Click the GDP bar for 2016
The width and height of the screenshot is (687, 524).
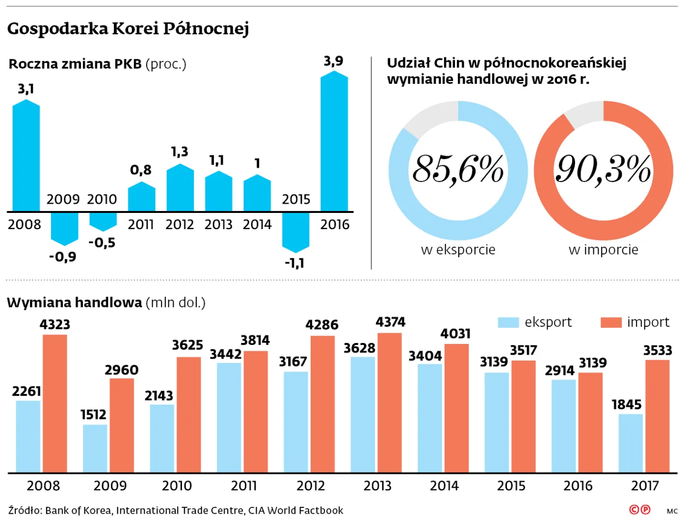pos(334,142)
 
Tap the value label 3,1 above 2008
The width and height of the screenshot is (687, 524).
pos(26,89)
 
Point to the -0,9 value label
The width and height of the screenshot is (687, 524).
pos(63,257)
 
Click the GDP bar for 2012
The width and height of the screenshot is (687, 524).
pos(180,188)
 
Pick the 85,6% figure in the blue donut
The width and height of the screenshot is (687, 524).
pos(458,169)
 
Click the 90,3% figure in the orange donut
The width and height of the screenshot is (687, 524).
pos(603,169)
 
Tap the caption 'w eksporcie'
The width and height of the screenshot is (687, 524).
pos(458,250)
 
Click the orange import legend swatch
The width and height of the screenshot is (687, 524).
pos(611,322)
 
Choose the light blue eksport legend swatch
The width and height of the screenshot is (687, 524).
pos(508,322)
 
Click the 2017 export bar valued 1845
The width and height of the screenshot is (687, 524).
pos(631,443)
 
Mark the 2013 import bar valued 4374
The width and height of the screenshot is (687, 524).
pos(390,403)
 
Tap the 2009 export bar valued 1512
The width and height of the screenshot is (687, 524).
pos(95,448)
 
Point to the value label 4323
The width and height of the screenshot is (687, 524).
pos(55,324)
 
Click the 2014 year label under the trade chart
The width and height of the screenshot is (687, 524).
pos(444,486)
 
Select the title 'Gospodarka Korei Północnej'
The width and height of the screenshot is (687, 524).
pos(128,28)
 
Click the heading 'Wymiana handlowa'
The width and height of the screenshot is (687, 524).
pos(75,302)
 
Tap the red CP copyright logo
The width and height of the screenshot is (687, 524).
pos(639,510)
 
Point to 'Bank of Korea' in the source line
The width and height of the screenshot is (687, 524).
pos(78,510)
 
